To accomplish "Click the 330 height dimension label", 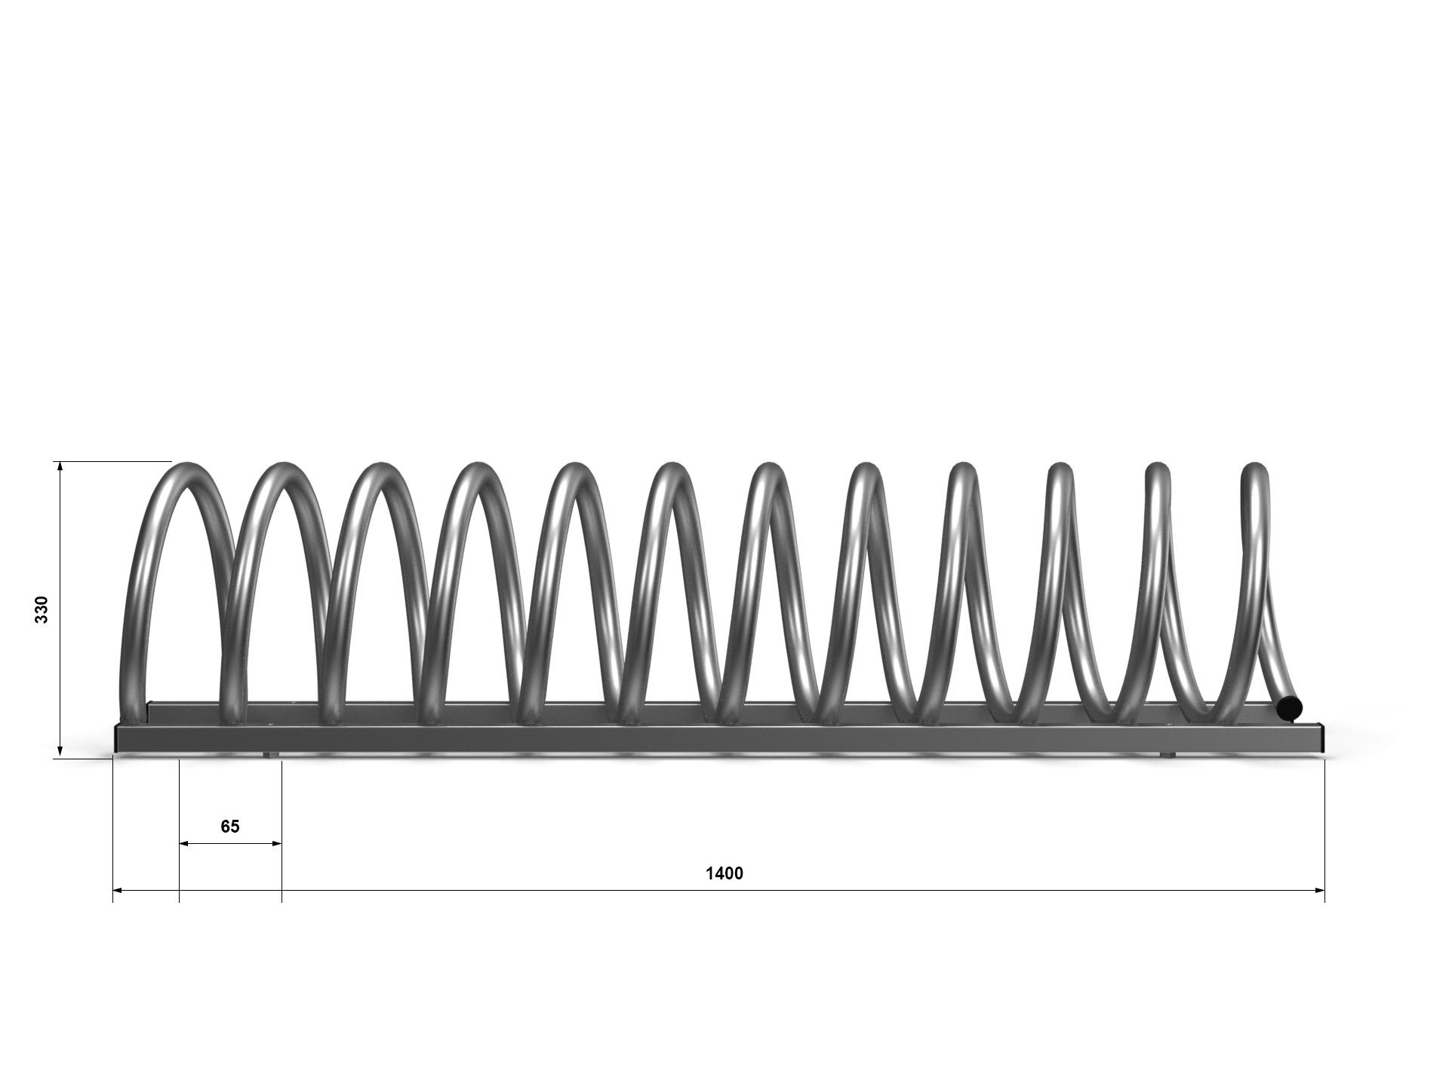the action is [x=42, y=609].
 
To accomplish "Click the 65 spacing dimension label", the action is [x=230, y=827].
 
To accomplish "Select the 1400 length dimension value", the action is [x=724, y=873].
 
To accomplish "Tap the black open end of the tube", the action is [x=1290, y=707].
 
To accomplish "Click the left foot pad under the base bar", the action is [x=269, y=755].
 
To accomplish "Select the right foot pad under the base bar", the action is [x=1167, y=755].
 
